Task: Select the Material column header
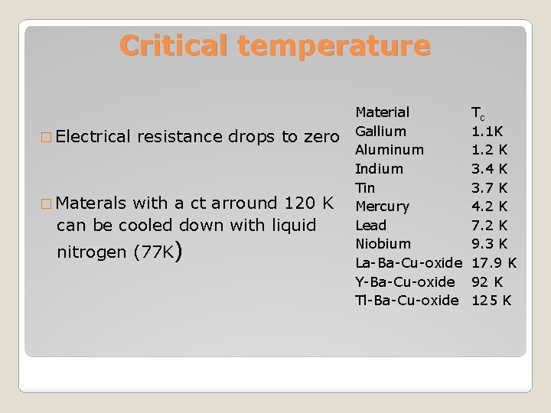[383, 112]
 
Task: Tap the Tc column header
[478, 112]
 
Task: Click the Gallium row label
[380, 131]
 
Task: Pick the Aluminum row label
[390, 150]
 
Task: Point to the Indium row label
[379, 168]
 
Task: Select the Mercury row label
[383, 206]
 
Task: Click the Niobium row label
[383, 244]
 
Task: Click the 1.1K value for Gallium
[487, 131]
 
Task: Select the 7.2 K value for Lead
[490, 225]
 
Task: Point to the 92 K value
[486, 281]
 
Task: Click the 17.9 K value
[494, 262]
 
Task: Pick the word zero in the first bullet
[321, 137]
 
